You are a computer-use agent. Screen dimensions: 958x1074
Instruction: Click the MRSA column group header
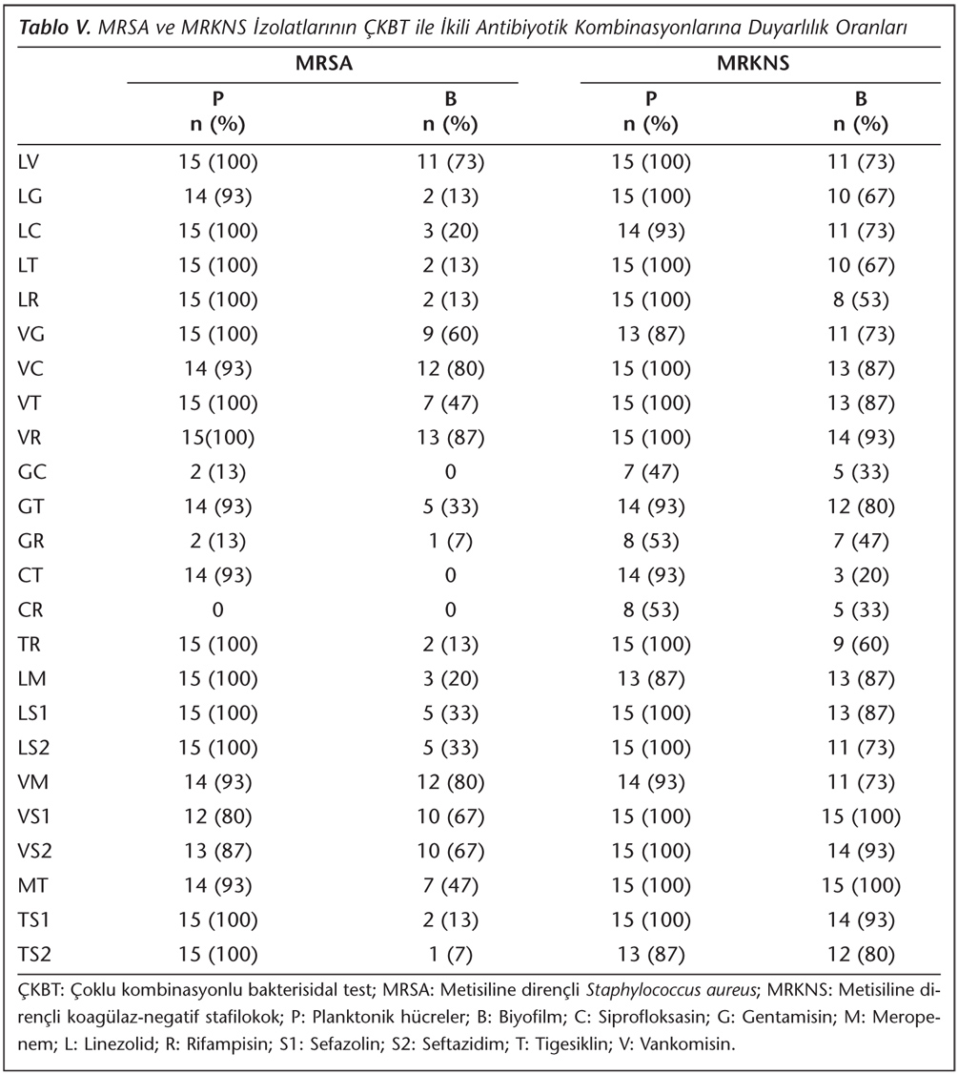pos(324,63)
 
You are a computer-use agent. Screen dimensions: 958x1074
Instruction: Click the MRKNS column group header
pos(753,63)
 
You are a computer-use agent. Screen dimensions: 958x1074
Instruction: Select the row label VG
pos(31,334)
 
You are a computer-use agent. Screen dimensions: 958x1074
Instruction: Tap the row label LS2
pos(34,747)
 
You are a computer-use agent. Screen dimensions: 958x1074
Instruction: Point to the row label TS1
pos(34,919)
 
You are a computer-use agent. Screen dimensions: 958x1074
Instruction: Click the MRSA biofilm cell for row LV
pos(450,162)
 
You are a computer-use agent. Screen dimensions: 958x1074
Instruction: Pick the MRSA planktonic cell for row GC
pos(217,472)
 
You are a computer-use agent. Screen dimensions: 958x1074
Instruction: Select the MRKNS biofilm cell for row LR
pos(861,300)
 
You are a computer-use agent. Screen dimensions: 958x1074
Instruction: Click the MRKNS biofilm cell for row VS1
pos(861,816)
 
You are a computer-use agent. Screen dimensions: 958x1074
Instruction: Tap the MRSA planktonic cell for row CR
pos(217,609)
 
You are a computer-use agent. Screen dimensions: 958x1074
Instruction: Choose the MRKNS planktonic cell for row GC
pos(651,472)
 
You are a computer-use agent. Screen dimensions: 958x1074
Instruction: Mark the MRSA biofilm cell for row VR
pos(450,438)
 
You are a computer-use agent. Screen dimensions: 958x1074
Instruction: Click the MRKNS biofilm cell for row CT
pos(861,575)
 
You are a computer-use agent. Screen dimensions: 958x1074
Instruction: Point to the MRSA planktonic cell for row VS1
pos(217,816)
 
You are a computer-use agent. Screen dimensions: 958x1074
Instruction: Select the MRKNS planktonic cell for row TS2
pos(651,954)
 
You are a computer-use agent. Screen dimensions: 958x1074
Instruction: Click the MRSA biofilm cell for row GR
pos(450,541)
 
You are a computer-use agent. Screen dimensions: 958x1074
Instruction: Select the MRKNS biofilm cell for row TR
pos(861,645)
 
